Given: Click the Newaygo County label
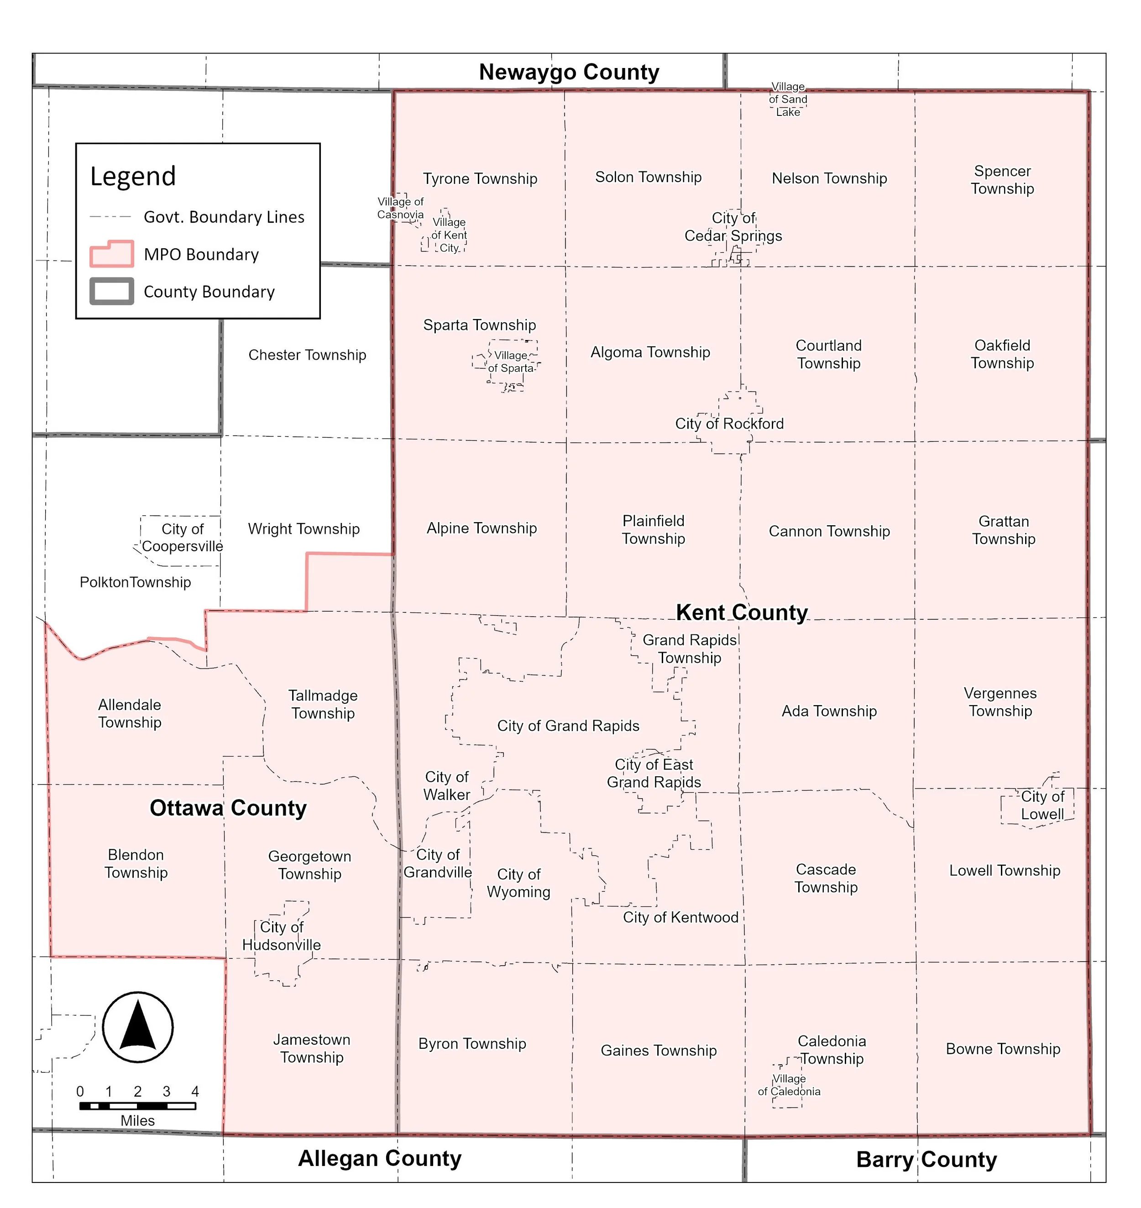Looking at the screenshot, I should point(569,72).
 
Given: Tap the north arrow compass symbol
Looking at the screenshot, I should point(137,1027).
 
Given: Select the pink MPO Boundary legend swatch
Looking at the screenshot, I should point(112,254).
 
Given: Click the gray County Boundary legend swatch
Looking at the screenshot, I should point(112,291).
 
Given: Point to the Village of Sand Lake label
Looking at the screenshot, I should point(788,99).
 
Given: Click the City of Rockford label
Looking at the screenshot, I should point(729,424).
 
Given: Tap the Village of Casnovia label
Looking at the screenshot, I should point(400,208).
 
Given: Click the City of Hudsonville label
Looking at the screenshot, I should point(282,936).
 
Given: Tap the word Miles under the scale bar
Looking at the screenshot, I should point(137,1120).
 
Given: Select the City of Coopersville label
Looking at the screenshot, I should point(183,537).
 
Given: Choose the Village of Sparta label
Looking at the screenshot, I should point(511,361).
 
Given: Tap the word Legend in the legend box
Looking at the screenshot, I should point(133,177).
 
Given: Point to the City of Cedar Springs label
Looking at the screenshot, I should point(733,226).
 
